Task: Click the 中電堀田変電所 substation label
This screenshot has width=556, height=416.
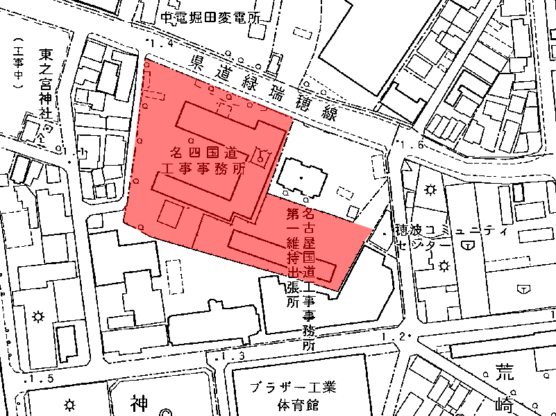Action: (x=210, y=19)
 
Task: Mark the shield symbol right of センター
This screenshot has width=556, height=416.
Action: (x=471, y=245)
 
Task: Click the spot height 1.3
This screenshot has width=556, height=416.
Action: (x=233, y=356)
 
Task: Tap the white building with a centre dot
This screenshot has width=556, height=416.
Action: (x=302, y=177)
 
